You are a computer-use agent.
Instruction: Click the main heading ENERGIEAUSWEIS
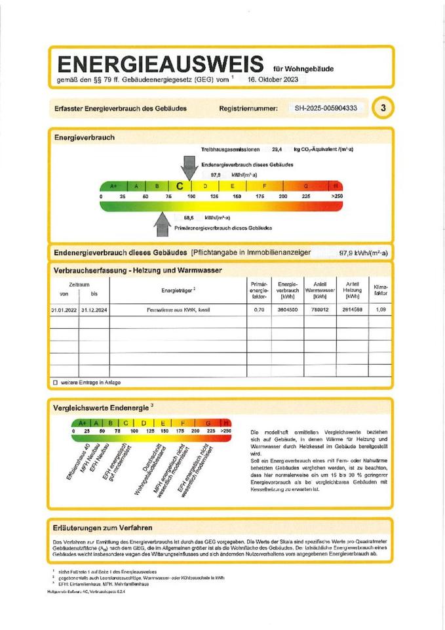161,64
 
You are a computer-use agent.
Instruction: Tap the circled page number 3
383,108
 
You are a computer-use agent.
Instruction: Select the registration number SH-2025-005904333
326,108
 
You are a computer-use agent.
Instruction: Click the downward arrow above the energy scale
189,167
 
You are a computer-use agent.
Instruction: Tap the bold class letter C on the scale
179,186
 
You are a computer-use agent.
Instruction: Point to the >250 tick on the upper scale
337,196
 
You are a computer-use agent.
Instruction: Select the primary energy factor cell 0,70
259,308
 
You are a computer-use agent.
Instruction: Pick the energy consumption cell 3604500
288,308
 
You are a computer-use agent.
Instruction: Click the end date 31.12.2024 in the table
94,308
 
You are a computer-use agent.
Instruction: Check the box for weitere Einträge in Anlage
55,382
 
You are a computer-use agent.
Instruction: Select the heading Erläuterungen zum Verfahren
104,527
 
